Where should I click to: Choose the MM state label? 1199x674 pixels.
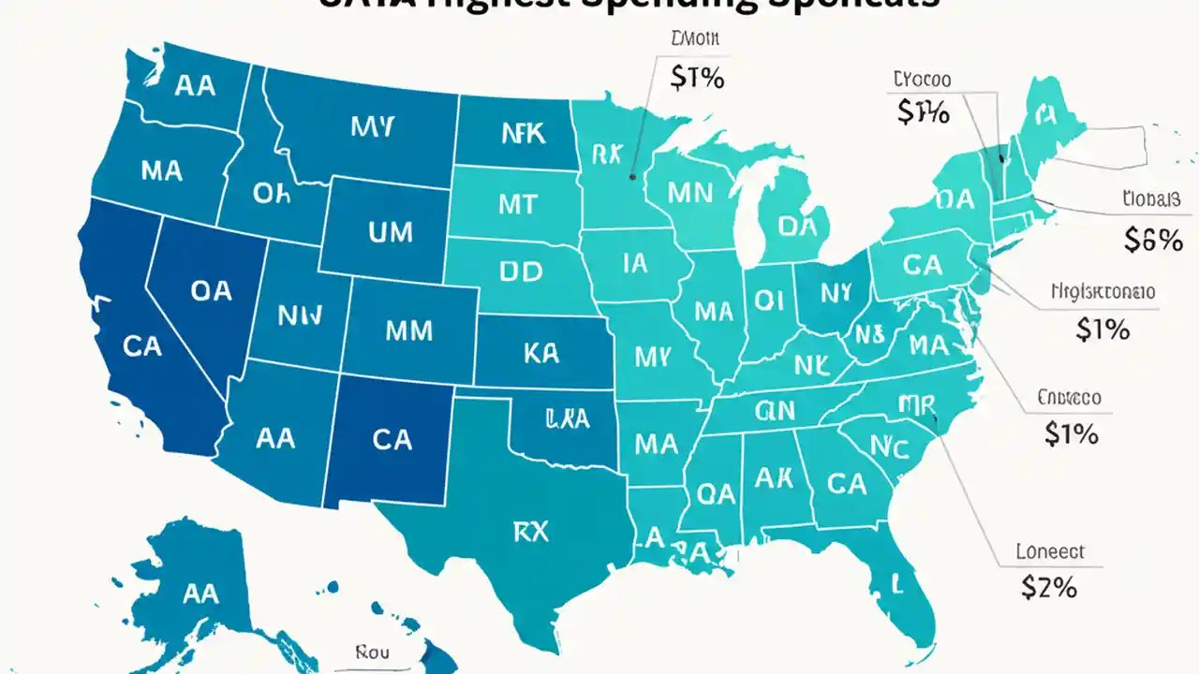(x=408, y=330)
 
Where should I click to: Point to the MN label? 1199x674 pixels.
(x=691, y=193)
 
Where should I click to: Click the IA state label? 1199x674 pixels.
(x=634, y=264)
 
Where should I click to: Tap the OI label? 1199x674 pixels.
(x=767, y=300)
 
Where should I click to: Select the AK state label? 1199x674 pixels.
(x=774, y=477)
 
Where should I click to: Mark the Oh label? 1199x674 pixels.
(x=273, y=194)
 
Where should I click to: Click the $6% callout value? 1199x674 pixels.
(x=1153, y=241)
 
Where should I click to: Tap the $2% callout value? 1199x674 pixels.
(x=1048, y=587)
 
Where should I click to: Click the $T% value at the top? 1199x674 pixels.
(x=698, y=79)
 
